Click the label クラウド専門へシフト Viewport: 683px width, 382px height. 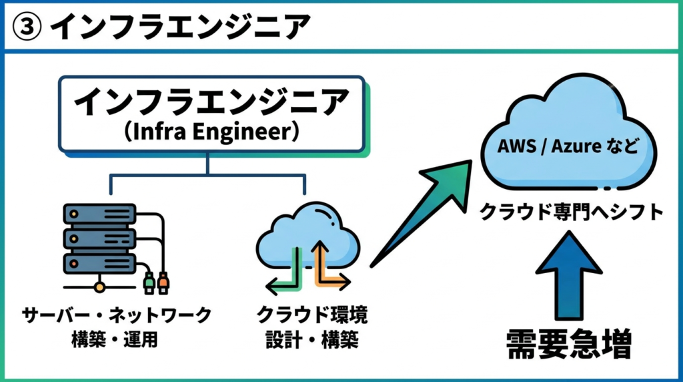(571, 212)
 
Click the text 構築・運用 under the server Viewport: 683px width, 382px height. (114, 339)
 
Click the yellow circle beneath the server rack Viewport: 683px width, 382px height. (99, 288)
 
